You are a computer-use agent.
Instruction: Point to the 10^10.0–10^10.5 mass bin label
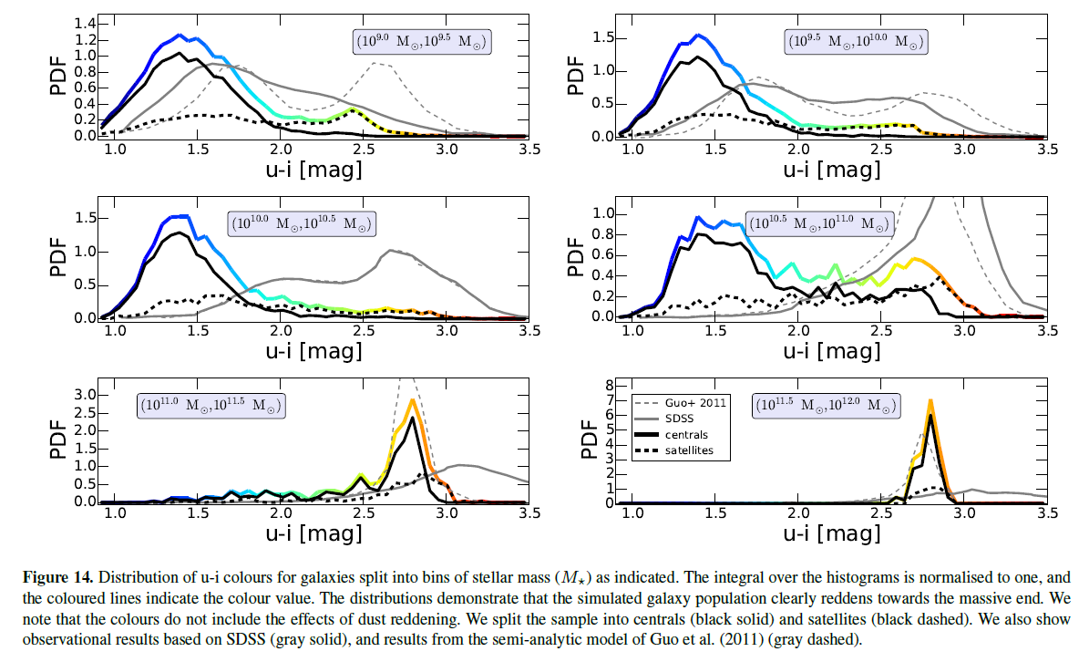click(x=302, y=223)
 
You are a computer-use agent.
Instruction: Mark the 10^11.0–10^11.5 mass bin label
click(x=211, y=406)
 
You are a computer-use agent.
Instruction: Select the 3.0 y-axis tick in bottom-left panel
click(x=85, y=394)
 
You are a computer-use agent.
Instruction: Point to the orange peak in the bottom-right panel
click(x=930, y=400)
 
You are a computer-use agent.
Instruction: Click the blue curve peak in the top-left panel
click(x=180, y=36)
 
